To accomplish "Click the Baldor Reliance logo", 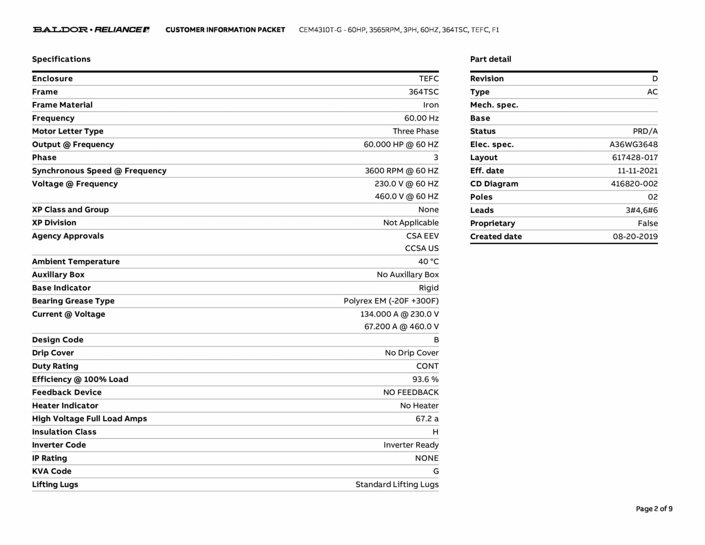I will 91,30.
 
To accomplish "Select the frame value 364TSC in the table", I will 423,92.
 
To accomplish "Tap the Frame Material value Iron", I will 431,105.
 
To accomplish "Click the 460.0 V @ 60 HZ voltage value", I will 406,196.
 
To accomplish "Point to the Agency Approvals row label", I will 68,236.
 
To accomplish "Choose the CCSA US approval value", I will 421,248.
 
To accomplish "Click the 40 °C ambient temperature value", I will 428,261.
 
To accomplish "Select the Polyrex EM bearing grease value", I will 391,301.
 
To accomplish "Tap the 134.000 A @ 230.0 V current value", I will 399,314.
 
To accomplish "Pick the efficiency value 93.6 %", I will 425,379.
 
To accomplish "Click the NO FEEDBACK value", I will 411,392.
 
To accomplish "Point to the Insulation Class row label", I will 64,432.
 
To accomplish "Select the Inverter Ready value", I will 411,445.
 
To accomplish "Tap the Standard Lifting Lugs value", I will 397,485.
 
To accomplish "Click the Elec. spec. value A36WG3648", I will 633,145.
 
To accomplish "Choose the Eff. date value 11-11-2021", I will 637,171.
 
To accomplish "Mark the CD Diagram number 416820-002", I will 634,184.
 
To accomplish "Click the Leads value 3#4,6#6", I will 641,210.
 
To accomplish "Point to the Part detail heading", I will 490,59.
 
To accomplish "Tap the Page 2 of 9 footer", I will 654,509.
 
